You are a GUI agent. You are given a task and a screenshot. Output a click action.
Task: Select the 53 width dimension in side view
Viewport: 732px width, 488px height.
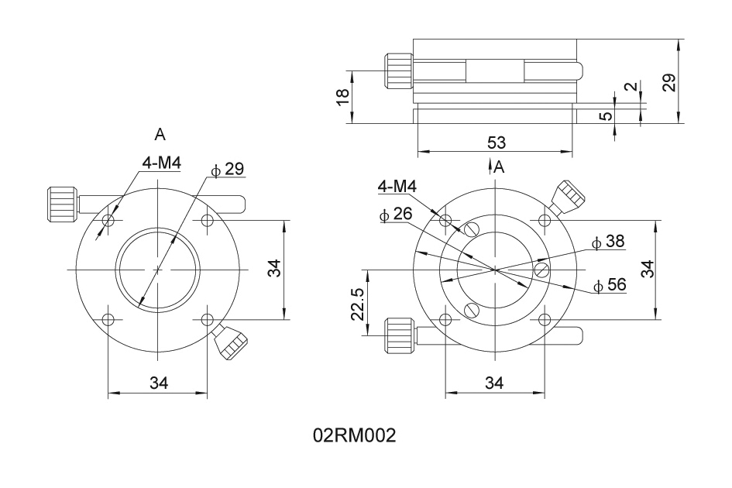(496, 142)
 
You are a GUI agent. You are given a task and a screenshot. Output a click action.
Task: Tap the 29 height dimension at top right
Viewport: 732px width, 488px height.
(670, 82)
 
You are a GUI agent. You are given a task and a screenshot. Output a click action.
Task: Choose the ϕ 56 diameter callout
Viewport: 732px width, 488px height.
(610, 285)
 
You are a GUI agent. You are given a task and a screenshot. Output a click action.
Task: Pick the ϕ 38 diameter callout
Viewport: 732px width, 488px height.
(608, 242)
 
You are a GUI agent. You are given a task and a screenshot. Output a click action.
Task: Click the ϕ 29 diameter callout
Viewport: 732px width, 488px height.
(228, 170)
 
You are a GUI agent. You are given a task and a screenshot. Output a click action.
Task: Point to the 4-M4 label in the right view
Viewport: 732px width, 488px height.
(397, 187)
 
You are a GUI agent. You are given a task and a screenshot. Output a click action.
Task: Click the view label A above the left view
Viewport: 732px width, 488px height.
(160, 135)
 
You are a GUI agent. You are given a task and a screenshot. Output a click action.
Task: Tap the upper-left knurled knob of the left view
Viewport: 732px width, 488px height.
(62, 203)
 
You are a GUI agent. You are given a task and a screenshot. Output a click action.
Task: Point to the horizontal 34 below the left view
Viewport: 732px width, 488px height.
(158, 382)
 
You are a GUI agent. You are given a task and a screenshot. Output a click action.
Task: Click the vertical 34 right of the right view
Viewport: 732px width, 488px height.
(648, 269)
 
